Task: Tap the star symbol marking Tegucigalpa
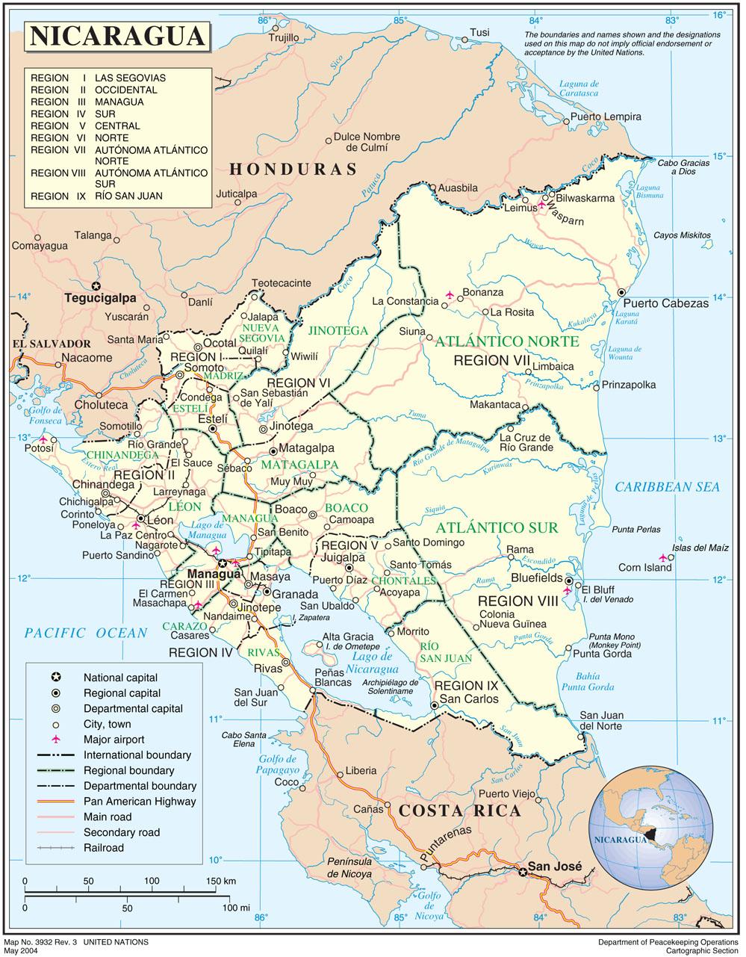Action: (96, 285)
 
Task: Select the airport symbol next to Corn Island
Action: (663, 557)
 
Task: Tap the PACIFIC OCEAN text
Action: (86, 634)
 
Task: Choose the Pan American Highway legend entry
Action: (139, 801)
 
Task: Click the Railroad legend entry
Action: (104, 848)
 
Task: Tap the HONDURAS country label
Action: (293, 170)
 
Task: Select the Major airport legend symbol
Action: (55, 740)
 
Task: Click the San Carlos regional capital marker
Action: (435, 705)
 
